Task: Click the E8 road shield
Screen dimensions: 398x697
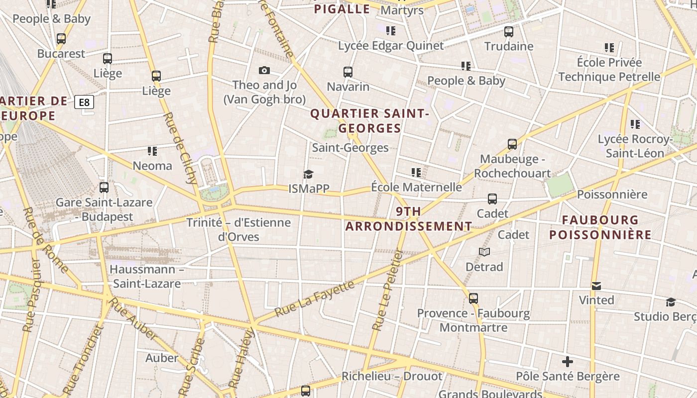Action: pyautogui.click(x=84, y=102)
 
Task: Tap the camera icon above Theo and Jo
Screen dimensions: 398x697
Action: pyautogui.click(x=264, y=71)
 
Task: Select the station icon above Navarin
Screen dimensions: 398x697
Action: pyautogui.click(x=348, y=72)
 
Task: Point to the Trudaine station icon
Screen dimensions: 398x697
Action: pyautogui.click(x=508, y=32)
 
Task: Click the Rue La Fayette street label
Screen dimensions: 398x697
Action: pyautogui.click(x=315, y=298)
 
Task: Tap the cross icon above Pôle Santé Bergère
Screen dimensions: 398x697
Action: pyautogui.click(x=568, y=362)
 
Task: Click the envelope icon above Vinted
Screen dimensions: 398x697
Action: pyautogui.click(x=596, y=286)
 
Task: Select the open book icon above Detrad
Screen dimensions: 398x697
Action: pyautogui.click(x=484, y=252)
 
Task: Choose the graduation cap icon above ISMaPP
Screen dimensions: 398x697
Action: pyautogui.click(x=309, y=174)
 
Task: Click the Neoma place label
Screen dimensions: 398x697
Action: pyautogui.click(x=152, y=166)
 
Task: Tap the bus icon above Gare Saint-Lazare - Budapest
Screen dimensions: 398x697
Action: pyautogui.click(x=104, y=188)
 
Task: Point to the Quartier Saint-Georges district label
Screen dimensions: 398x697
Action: pyautogui.click(x=369, y=121)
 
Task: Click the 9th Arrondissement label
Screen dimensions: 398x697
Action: pyautogui.click(x=409, y=219)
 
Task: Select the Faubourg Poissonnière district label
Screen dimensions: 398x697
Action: pyautogui.click(x=600, y=227)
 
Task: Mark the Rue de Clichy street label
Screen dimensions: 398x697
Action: pyautogui.click(x=180, y=148)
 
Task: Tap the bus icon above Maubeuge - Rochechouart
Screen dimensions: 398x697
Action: pyautogui.click(x=512, y=144)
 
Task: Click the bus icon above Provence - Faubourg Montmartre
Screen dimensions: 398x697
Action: pyautogui.click(x=473, y=298)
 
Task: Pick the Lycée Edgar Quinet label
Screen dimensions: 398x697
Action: pyautogui.click(x=391, y=46)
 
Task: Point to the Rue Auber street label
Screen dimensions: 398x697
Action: pyautogui.click(x=133, y=319)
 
